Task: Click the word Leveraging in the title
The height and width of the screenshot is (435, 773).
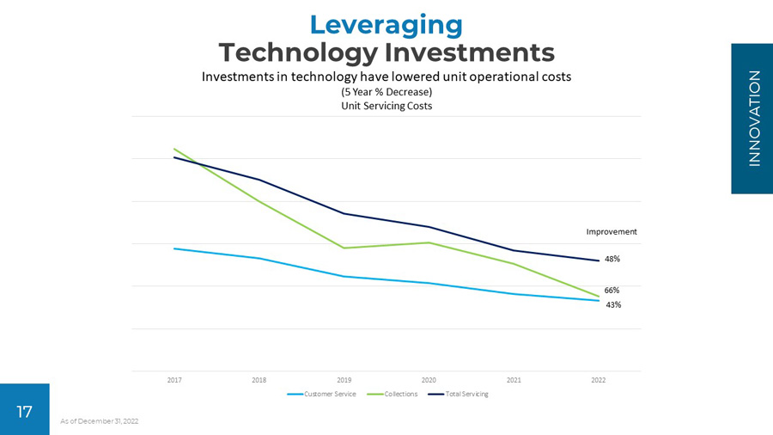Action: click(x=386, y=23)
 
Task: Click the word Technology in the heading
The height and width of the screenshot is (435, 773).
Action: click(x=297, y=52)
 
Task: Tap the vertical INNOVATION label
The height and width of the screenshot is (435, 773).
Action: click(x=753, y=119)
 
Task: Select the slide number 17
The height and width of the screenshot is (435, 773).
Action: click(x=25, y=412)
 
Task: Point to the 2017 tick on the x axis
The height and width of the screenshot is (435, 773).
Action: click(x=174, y=379)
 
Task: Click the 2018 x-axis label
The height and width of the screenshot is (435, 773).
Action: click(x=259, y=379)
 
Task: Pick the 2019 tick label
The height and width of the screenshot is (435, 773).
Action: click(x=344, y=379)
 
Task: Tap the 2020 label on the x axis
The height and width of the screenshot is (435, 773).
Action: click(x=429, y=379)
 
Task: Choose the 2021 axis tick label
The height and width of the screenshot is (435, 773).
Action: click(x=514, y=379)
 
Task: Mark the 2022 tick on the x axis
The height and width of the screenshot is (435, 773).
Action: click(x=599, y=379)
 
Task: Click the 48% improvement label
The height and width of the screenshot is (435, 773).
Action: click(x=612, y=259)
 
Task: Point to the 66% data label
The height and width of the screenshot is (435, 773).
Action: click(x=612, y=291)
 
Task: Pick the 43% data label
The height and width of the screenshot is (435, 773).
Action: click(x=612, y=305)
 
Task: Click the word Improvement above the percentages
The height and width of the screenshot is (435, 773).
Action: click(x=612, y=232)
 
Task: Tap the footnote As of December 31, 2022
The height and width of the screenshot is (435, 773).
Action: click(x=100, y=421)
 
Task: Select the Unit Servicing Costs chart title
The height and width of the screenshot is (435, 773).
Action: click(x=386, y=106)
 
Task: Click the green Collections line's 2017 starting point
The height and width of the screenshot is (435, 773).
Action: click(x=174, y=149)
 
